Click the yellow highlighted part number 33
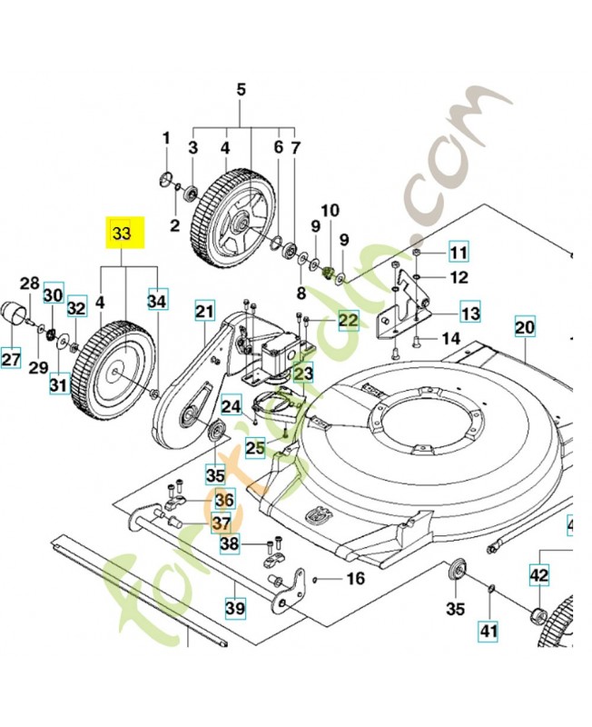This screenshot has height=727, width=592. click(122, 234)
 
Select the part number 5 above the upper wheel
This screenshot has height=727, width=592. click(241, 90)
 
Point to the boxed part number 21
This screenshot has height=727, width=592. click(205, 312)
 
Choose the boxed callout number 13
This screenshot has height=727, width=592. click(470, 314)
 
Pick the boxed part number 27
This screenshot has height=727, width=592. click(11, 360)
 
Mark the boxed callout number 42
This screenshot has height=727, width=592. click(540, 574)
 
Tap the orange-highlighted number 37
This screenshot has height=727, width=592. click(222, 523)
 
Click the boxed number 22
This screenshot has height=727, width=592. click(349, 320)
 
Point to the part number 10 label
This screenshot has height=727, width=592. click(328, 211)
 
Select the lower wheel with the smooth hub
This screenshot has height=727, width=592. click(116, 369)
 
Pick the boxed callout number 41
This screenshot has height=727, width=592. click(489, 630)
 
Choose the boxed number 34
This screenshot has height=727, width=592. click(158, 299)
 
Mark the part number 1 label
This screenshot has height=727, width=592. click(166, 138)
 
